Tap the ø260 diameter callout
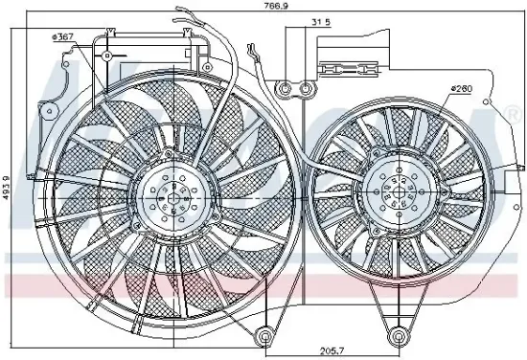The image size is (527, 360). coord(462,90)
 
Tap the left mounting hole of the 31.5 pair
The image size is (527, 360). coord(285,90)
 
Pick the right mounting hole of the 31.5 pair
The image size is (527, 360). coord(307,90)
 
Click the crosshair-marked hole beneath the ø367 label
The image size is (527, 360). coord(109,56)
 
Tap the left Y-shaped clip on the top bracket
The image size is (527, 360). coord(112,34)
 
